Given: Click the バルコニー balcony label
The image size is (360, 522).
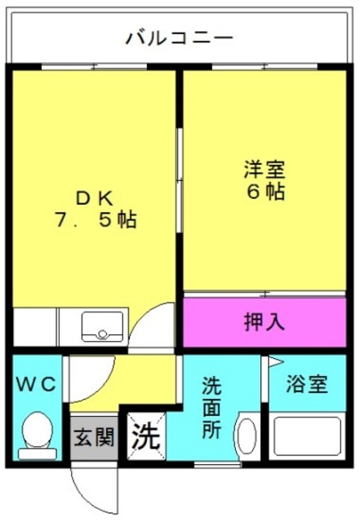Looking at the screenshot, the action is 180,38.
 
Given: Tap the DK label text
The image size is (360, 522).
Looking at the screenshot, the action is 96,199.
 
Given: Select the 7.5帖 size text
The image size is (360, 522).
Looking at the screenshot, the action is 96,220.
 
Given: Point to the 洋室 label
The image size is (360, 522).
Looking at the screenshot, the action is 265,170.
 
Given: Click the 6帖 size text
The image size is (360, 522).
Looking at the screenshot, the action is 265,191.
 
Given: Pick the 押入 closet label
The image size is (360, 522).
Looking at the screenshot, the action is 264,322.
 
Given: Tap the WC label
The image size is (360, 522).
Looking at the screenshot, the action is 37,385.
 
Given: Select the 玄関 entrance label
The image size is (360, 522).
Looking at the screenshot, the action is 94,436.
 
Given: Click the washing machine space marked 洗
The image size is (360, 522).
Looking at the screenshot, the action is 147,436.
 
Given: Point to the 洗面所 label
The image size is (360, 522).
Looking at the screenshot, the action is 212,407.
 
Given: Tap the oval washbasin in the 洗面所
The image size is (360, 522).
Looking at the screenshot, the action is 247,436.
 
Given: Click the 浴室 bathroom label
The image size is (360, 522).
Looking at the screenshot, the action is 307,384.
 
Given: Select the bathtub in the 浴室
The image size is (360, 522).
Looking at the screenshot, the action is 307,436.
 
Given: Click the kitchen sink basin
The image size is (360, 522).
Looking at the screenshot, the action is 103,326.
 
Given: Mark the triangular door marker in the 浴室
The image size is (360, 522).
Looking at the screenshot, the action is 276,361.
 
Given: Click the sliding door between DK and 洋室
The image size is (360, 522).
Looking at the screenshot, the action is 180,180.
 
